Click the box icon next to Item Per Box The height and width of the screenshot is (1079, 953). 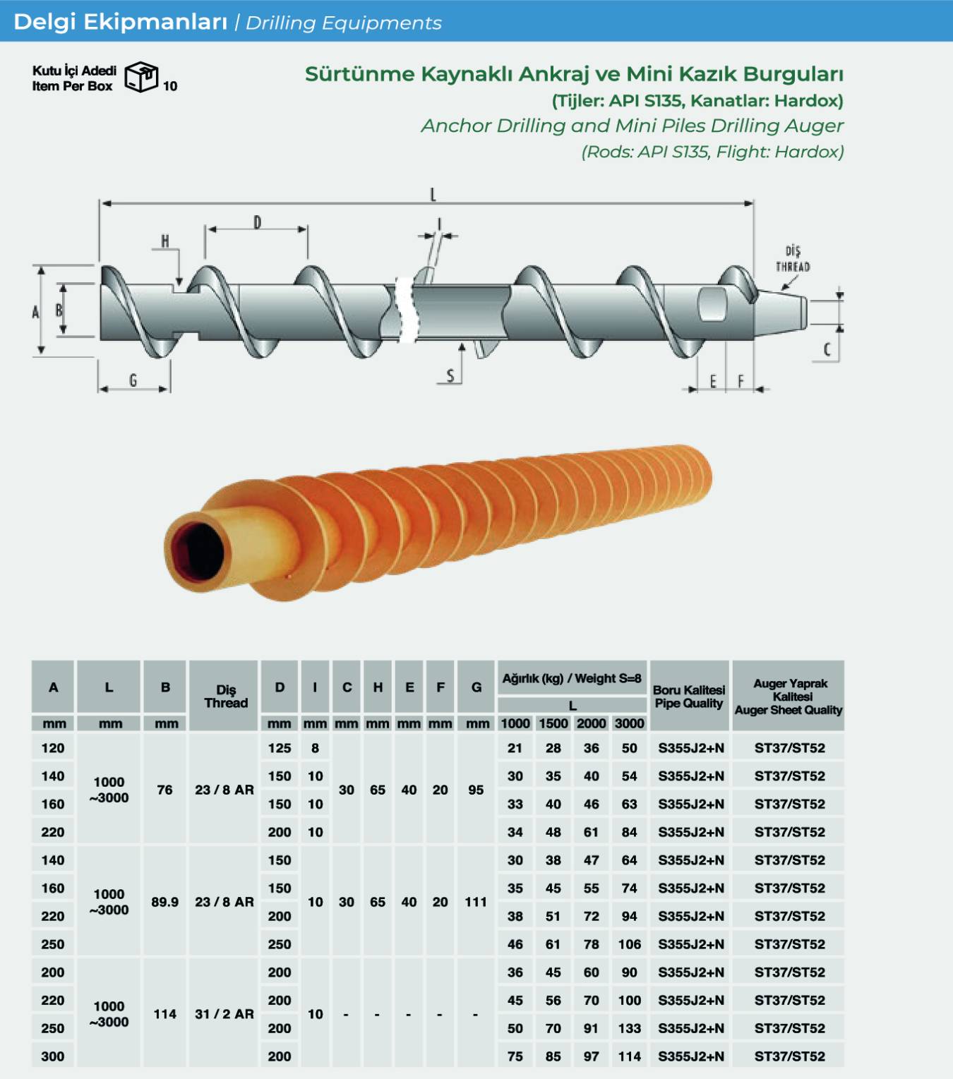[141, 77]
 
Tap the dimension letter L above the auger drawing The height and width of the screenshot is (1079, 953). [433, 194]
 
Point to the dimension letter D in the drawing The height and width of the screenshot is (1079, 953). [257, 222]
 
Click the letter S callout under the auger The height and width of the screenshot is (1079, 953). [450, 375]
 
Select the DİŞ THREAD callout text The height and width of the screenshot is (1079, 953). [793, 259]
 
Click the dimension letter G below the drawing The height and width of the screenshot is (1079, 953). [133, 380]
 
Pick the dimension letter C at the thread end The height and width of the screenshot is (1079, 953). [827, 349]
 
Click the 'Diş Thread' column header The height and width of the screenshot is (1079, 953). [226, 696]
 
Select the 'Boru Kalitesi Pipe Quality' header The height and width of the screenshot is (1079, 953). [689, 697]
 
